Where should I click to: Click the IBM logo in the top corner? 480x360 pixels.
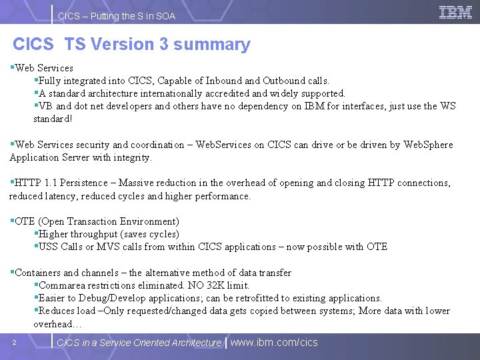tap(456, 12)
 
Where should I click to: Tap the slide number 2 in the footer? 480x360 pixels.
tap(14, 343)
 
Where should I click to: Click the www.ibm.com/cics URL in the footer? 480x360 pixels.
tap(274, 343)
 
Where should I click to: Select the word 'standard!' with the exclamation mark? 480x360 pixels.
tap(53, 119)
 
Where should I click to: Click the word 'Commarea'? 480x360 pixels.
tap(61, 285)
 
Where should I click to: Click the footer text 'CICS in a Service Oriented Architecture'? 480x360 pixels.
tap(139, 343)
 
